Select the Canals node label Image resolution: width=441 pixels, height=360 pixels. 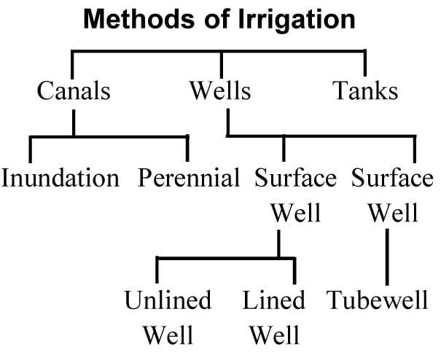point(74,92)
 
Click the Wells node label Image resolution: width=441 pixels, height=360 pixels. point(220,92)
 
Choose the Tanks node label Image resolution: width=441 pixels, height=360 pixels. point(365,92)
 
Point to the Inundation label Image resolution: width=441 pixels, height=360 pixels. point(60,178)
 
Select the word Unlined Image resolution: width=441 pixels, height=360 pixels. point(168,300)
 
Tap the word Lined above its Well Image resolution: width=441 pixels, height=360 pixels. point(274,300)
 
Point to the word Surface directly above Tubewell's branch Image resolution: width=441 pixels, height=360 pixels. point(392,178)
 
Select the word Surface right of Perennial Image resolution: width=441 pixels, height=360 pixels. point(296,178)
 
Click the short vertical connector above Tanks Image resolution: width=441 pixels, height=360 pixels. point(365,61)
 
